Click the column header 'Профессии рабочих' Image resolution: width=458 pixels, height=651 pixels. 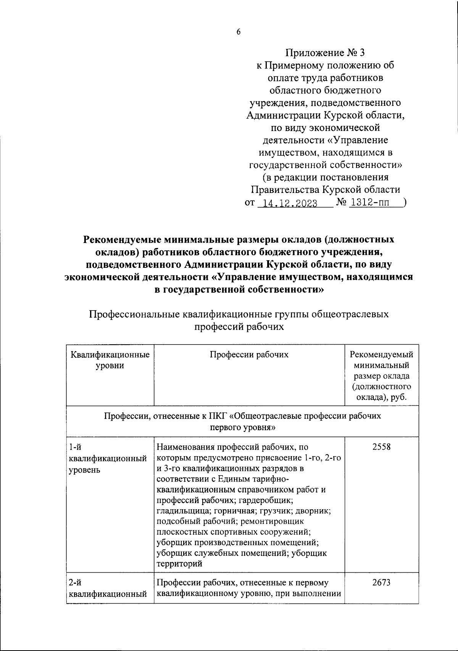coord(249,355)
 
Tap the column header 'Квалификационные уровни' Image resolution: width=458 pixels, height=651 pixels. coord(110,360)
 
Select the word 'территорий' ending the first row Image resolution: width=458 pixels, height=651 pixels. coord(179,564)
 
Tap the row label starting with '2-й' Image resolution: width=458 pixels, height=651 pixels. coord(108,588)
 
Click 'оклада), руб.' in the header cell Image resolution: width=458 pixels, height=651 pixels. coord(381,397)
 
